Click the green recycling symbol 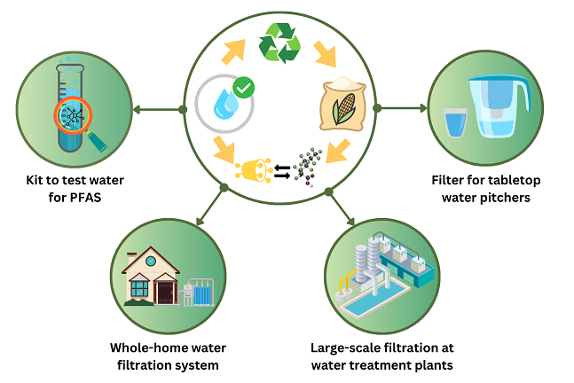pyautogui.click(x=279, y=43)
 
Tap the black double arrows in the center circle pyautogui.click(x=282, y=170)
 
